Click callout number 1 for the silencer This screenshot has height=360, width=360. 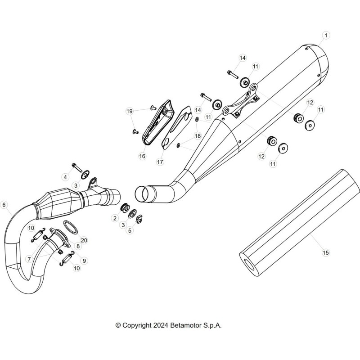point(326,36)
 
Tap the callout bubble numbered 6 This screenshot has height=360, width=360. point(4,205)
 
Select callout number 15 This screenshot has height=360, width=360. point(325,253)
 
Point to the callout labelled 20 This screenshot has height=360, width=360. point(84,240)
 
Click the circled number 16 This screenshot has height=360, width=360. point(142,156)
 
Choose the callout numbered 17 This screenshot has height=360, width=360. point(160,162)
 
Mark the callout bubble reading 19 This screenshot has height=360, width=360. point(130,111)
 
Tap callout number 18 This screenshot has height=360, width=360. point(198,136)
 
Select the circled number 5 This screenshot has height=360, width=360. point(130,230)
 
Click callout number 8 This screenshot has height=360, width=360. point(78,246)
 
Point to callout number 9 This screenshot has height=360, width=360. point(84,261)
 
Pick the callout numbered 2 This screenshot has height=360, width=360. point(115,218)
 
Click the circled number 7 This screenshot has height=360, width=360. point(29,260)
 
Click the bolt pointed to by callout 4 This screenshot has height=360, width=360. point(77,167)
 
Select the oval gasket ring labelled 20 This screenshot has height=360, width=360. point(70,227)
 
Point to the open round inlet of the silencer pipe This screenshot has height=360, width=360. point(142,194)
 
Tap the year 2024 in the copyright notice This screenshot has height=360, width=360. point(161,325)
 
